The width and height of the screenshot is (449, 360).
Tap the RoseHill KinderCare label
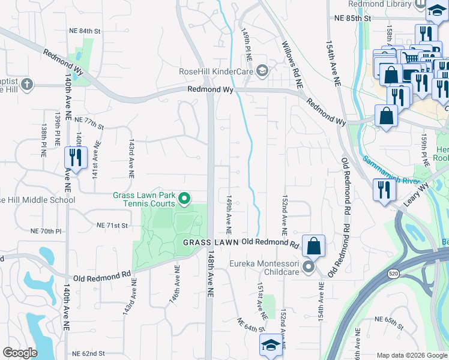[x=216, y=72]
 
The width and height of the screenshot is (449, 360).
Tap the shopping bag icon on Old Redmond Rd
[x=313, y=246]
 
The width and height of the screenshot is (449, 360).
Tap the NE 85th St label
[x=353, y=18]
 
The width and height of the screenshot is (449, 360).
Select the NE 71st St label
[x=113, y=226]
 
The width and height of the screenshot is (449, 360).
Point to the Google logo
[x=20, y=353]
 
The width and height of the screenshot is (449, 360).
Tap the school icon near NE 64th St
[x=270, y=347]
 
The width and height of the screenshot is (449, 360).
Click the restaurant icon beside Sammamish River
[x=383, y=190]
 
